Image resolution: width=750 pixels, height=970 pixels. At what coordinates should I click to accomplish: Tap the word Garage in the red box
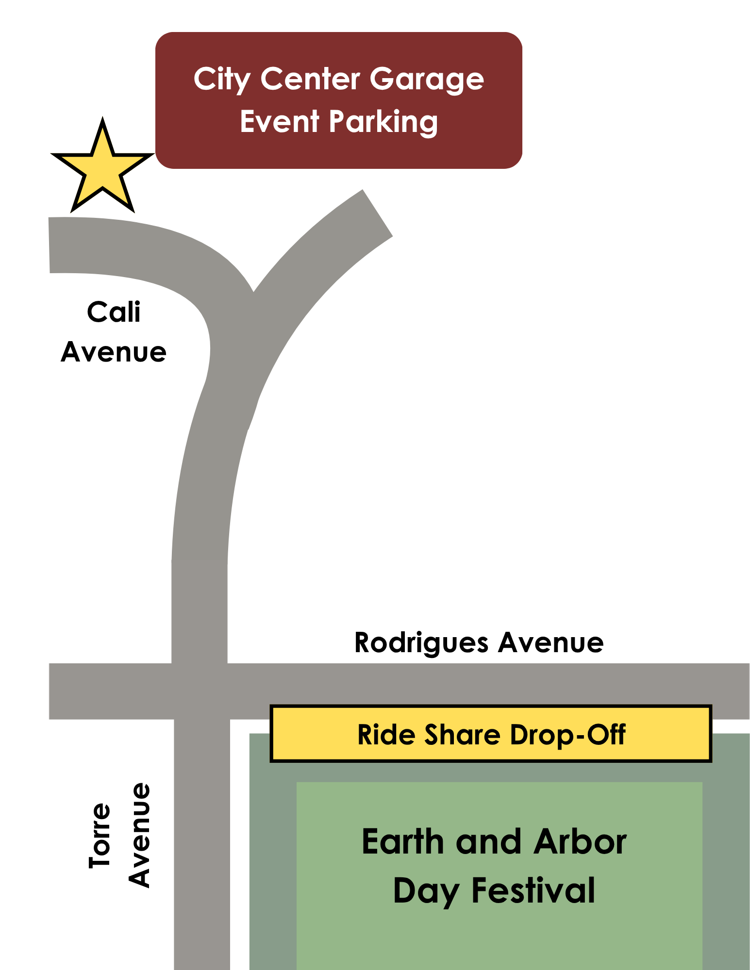pos(427,80)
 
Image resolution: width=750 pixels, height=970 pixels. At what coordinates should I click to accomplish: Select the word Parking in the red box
pos(383,122)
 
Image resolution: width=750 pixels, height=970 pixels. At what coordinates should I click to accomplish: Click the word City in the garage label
pos(221,80)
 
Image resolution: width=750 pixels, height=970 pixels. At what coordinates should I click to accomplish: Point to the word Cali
pos(114,312)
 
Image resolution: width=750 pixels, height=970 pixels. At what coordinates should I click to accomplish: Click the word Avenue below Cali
pos(114,352)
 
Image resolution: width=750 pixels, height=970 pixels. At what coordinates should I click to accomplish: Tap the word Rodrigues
pos(421,643)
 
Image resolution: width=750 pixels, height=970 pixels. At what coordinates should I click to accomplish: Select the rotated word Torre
pos(100,835)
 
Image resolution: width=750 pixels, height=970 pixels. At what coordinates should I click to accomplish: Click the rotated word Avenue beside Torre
pos(139,835)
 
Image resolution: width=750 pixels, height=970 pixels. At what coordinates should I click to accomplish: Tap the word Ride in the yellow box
pos(385,734)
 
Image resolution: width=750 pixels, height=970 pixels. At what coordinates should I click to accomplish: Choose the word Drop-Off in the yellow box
pos(567,734)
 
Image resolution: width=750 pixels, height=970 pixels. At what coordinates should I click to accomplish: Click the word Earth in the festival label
pos(403,842)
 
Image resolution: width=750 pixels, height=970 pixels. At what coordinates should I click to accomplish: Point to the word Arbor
pos(580,842)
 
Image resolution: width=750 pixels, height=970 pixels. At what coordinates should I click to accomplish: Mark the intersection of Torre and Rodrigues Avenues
pos(200,691)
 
